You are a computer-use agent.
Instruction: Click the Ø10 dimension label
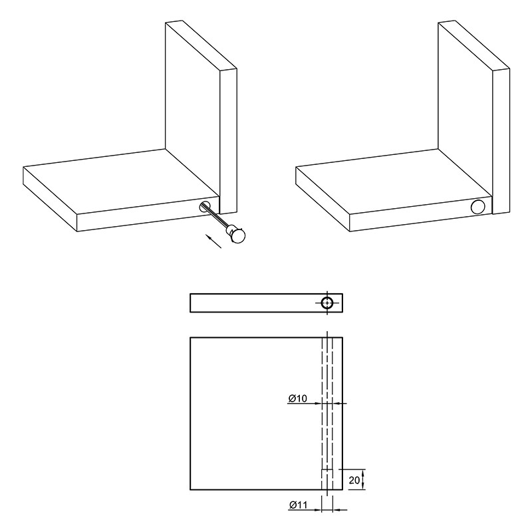pyautogui.click(x=297, y=398)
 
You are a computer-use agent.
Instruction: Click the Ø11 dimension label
pyautogui.click(x=298, y=505)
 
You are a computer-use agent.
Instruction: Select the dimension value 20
pyautogui.click(x=354, y=480)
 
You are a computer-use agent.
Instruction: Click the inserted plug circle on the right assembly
pyautogui.click(x=477, y=207)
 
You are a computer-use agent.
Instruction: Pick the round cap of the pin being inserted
pyautogui.click(x=237, y=235)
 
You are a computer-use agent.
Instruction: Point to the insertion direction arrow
pyautogui.click(x=213, y=241)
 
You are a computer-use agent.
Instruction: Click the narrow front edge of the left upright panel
pyautogui.click(x=228, y=141)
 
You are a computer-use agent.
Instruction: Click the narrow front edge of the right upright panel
pyautogui.click(x=501, y=141)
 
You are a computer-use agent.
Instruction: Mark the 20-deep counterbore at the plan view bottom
pyautogui.click(x=327, y=479)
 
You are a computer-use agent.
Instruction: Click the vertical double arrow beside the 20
pyautogui.click(x=363, y=479)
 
